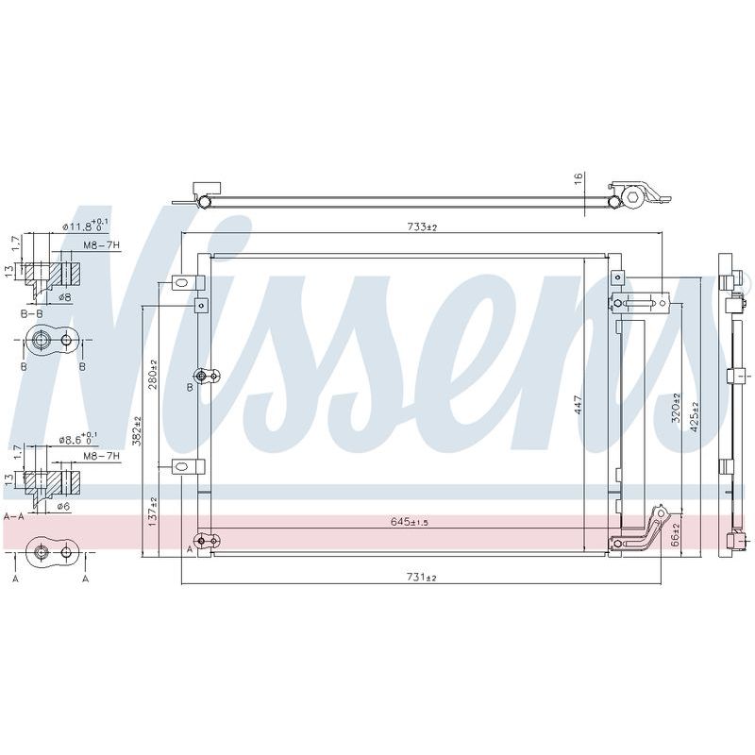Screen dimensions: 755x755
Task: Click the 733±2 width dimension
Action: [x=421, y=226]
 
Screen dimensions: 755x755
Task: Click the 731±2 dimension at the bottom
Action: [x=421, y=577]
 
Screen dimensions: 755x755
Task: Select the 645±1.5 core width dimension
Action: [x=410, y=522]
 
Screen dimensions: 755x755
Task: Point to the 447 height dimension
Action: [x=579, y=404]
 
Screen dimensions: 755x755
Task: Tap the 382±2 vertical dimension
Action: [x=138, y=431]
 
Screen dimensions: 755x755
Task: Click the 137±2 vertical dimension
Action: [x=153, y=512]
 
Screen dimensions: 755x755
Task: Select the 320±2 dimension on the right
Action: [x=676, y=408]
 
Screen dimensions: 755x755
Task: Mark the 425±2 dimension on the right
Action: [x=694, y=417]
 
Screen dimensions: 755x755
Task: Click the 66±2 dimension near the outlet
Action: [x=676, y=534]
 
